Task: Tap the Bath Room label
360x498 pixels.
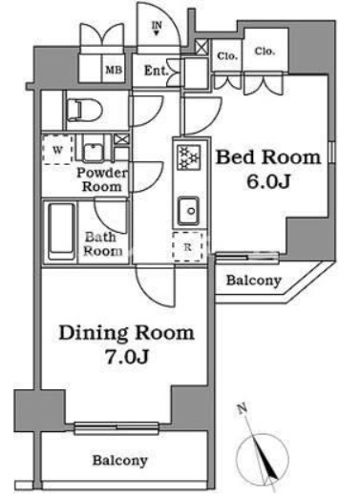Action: click(103, 244)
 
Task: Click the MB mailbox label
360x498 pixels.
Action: click(113, 69)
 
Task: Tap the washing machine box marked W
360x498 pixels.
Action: click(58, 149)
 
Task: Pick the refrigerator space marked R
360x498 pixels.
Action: click(187, 247)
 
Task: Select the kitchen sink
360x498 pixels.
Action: click(188, 208)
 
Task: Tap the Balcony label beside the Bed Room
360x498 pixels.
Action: click(254, 280)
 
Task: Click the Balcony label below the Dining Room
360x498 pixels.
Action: click(120, 461)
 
